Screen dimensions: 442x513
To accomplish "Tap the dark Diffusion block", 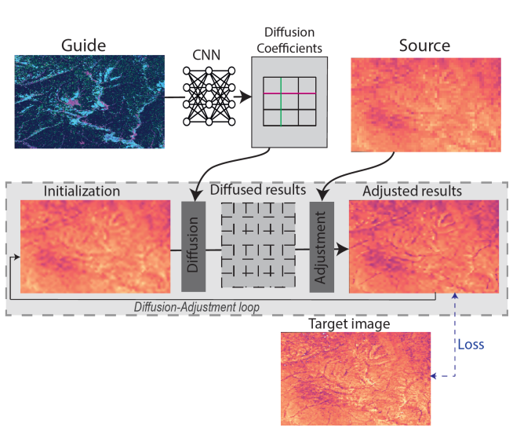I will tap(192, 247).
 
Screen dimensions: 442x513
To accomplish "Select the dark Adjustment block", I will tap(322, 247).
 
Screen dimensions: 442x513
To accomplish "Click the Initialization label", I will tap(82, 191).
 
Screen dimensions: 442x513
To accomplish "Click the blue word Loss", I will tap(471, 344).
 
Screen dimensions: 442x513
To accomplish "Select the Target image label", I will tap(349, 323).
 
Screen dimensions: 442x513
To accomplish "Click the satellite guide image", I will tap(89, 101).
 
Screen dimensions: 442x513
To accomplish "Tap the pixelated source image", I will tap(425, 105).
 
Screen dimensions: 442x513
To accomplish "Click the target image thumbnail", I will tap(355, 378).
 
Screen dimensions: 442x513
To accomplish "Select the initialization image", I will tap(94, 247).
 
